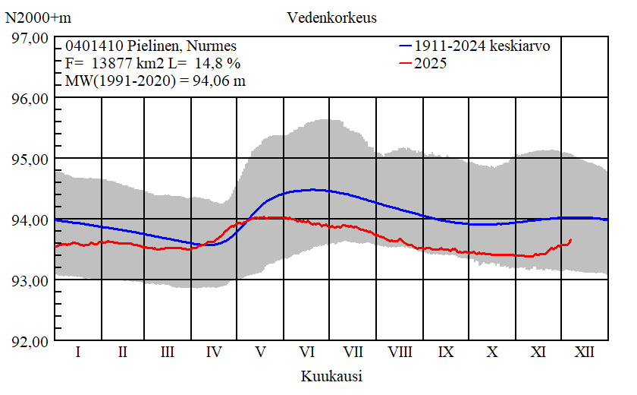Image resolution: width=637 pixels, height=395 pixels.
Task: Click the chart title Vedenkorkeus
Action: pos(332,17)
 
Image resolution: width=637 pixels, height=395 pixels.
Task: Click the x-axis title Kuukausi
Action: pos(331,376)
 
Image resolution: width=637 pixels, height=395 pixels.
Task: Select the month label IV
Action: pos(214,352)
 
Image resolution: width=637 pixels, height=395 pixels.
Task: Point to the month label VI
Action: pos(307,352)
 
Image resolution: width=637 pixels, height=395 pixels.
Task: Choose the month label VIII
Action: pos(400,352)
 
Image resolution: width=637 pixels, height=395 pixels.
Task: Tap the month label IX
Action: pos(447,352)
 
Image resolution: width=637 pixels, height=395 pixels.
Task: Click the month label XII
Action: pos(585,352)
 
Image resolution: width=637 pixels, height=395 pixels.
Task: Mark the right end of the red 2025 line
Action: pos(570,240)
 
